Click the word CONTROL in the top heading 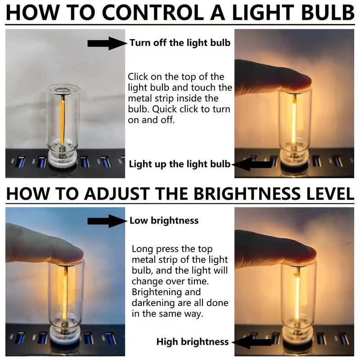tap(153, 13)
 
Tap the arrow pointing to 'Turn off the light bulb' tap(107, 43)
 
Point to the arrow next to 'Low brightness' tap(107, 221)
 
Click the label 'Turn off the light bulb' tap(180, 43)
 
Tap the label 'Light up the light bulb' tap(180, 164)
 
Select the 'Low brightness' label tap(164, 220)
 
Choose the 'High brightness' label tap(193, 342)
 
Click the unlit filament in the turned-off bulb tap(62, 120)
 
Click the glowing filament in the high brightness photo tap(297, 296)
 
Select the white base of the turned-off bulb tap(63, 159)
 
